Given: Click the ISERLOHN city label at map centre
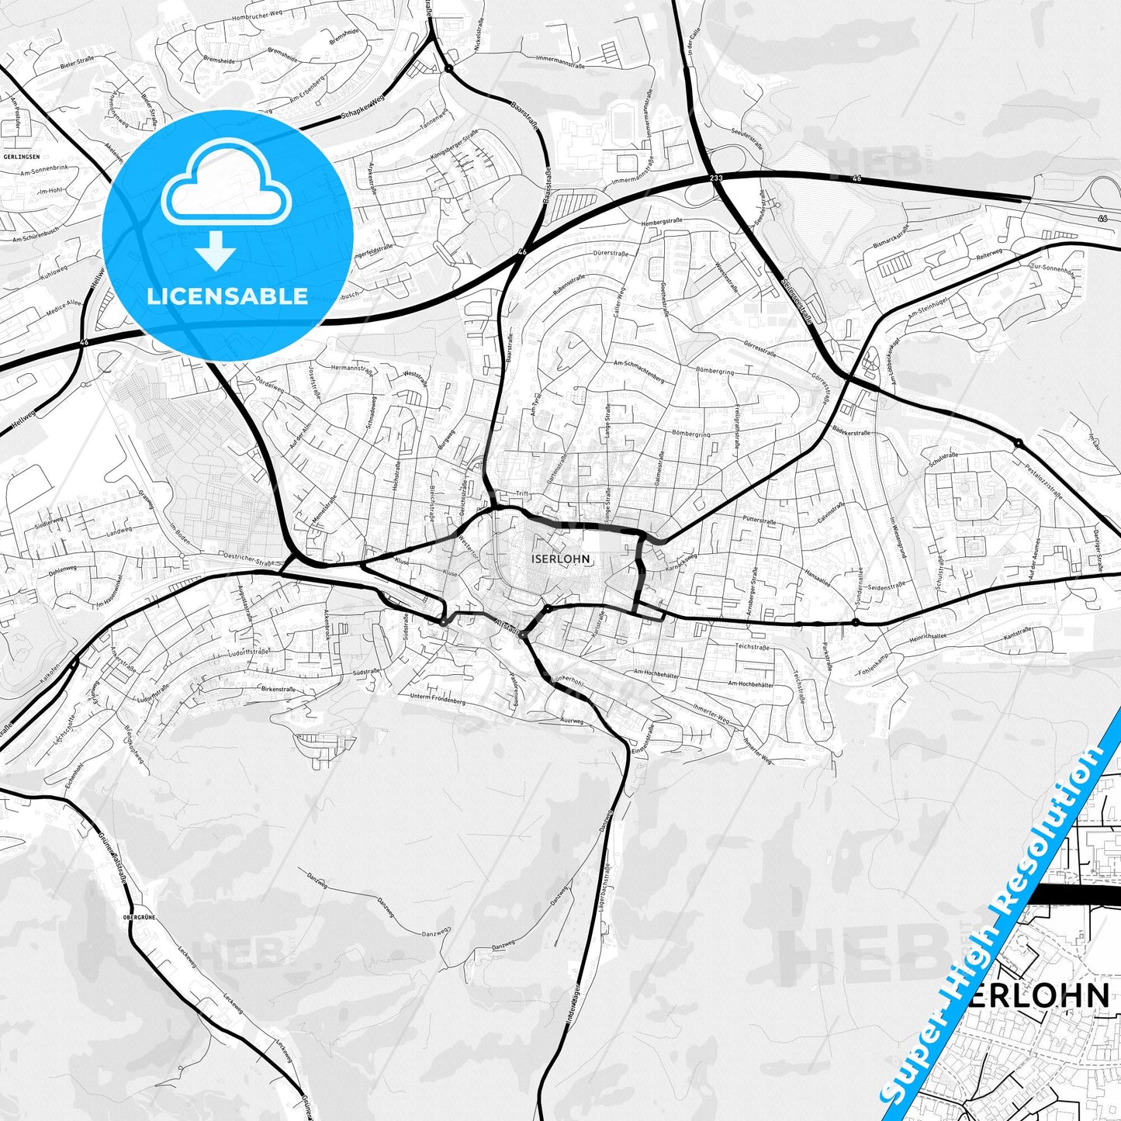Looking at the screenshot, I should click(561, 559).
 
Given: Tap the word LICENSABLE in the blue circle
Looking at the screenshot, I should click(227, 296).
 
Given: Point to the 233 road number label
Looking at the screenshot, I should click(715, 179).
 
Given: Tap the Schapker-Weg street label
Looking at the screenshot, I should click(363, 111).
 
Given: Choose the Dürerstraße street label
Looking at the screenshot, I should click(609, 254).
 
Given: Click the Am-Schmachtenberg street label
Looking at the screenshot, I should click(638, 370).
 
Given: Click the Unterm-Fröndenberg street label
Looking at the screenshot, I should click(438, 699).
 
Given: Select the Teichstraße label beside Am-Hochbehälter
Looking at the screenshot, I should click(752, 647).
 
